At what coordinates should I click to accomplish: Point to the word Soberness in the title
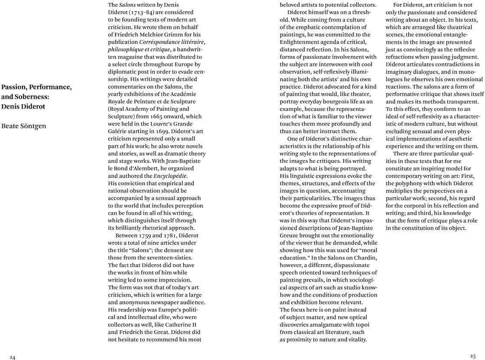pos(31,96)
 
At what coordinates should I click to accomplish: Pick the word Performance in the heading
pos(53,87)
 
